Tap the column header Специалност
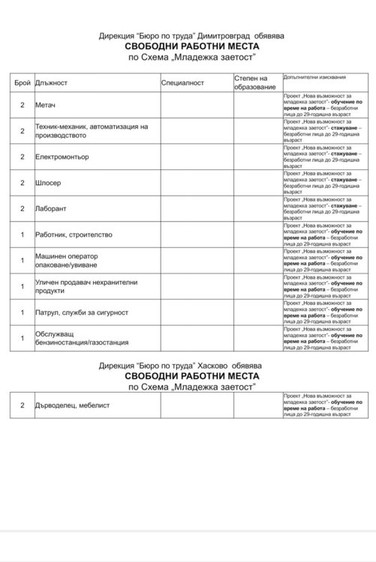pos(183,82)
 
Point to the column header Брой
pos(23,82)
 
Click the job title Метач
pos(46,105)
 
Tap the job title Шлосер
pos(49,183)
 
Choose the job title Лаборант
pos(51,208)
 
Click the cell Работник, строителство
pos(74,235)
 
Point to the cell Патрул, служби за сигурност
pos(82,312)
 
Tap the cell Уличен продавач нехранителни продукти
pos(87,286)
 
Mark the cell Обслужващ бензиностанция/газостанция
pos(79,338)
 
